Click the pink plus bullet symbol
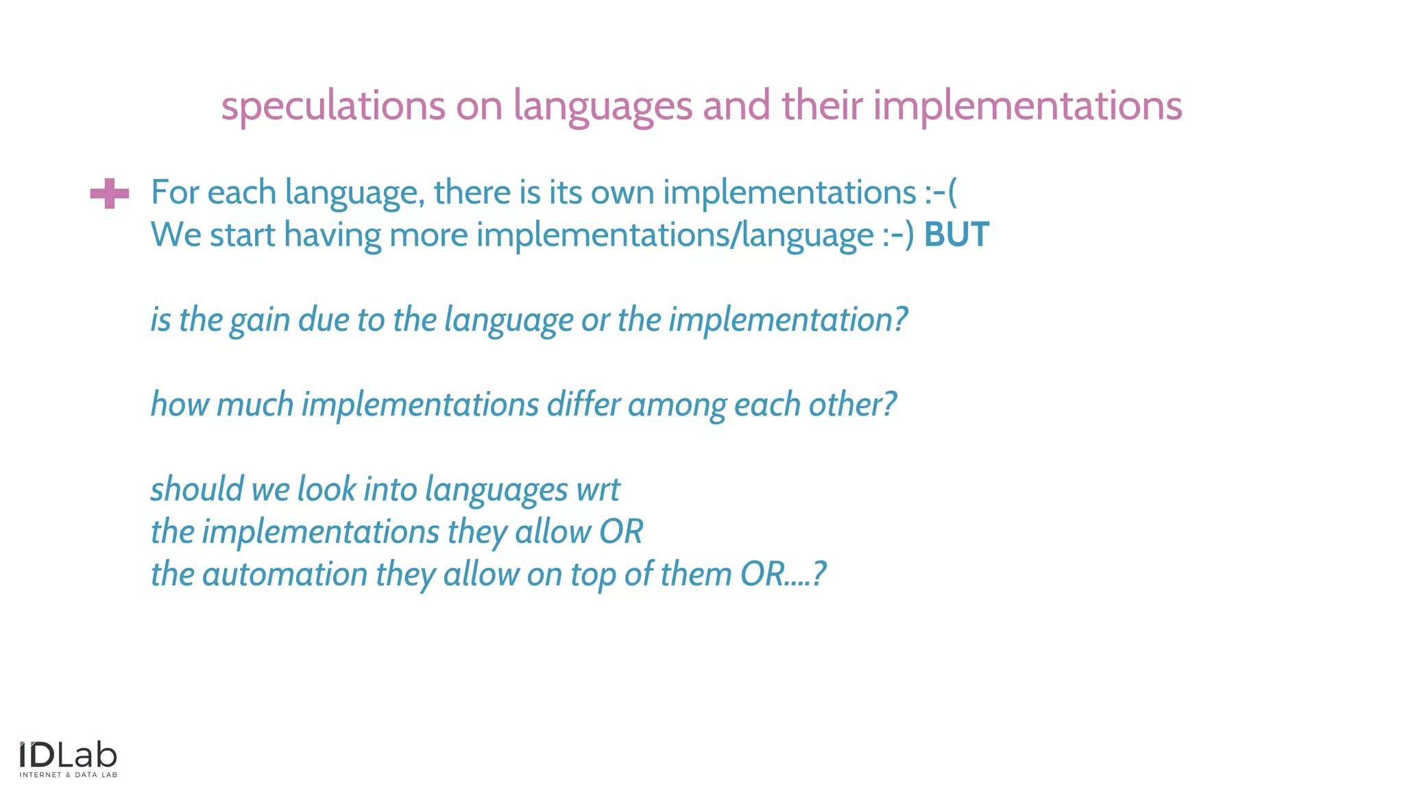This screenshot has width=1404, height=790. click(110, 193)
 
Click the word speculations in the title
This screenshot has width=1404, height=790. click(333, 106)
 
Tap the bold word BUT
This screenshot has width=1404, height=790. click(956, 235)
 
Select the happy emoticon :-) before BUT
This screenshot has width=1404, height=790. click(898, 235)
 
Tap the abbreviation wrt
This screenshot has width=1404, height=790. click(598, 490)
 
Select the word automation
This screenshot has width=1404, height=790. click(285, 575)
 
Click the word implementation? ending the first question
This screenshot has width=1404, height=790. click(788, 320)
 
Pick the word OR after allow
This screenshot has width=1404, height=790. click(621, 532)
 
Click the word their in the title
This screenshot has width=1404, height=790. click(822, 106)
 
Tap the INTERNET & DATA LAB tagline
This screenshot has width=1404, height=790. click(68, 775)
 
